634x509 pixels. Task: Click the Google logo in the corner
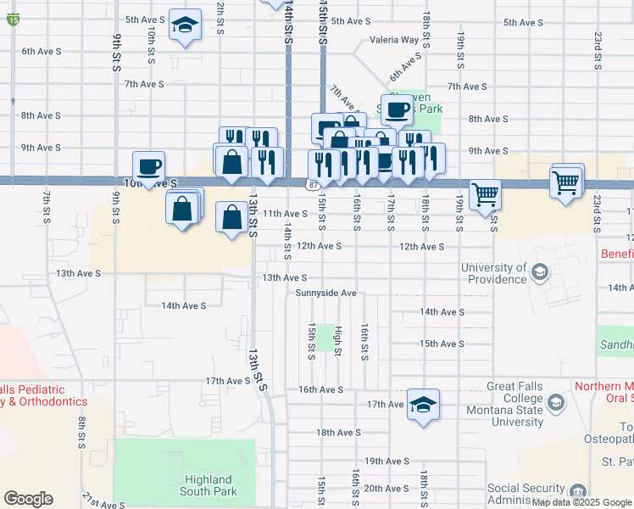tap(28, 499)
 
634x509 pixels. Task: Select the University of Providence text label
tap(493, 273)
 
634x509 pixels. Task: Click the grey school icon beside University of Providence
tap(539, 273)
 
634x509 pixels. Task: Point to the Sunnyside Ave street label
tap(325, 293)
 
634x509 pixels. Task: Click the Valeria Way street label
tap(394, 40)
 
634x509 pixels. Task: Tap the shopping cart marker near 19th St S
tap(485, 193)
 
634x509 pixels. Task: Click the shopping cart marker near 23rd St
tap(566, 181)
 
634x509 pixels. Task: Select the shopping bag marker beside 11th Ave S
tap(232, 217)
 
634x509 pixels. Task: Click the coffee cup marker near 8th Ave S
tap(396, 109)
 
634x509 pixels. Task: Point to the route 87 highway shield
tap(314, 184)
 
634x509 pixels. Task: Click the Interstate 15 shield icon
tap(13, 20)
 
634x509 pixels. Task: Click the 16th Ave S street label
tap(320, 389)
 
